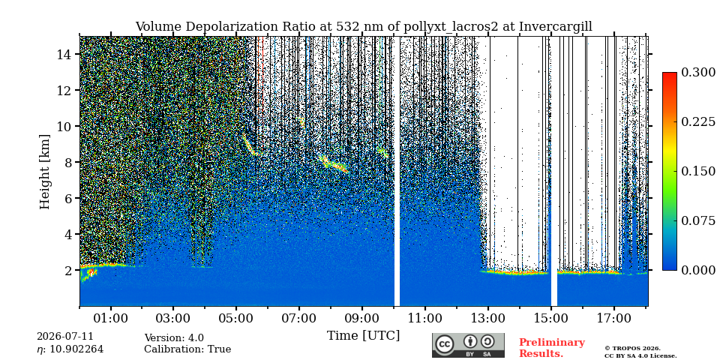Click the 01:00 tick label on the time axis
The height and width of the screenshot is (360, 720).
111,318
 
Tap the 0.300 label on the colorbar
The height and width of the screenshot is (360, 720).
698,73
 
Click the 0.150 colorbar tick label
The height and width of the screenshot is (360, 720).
698,171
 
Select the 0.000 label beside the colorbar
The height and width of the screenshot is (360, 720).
698,270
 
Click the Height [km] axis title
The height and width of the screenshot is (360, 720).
44,172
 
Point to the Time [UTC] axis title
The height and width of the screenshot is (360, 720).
363,336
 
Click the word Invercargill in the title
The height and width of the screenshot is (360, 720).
556,27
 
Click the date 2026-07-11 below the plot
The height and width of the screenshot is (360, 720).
65,337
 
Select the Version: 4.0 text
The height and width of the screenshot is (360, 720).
174,338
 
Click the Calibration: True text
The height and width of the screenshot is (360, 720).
187,349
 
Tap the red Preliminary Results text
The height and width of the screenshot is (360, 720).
552,348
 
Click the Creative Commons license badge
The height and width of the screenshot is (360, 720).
468,345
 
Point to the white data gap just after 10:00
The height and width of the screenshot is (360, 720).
397,171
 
